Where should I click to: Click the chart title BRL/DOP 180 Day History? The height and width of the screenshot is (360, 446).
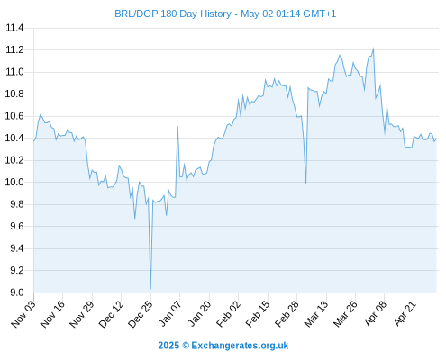tap(173, 14)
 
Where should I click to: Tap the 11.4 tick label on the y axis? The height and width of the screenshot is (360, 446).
tap(14, 28)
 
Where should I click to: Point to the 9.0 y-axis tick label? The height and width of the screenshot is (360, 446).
tap(17, 292)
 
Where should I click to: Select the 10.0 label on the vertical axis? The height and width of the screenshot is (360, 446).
tap(14, 182)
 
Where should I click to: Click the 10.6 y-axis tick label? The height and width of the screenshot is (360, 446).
tap(14, 116)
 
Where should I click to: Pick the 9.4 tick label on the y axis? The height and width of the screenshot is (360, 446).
tap(17, 248)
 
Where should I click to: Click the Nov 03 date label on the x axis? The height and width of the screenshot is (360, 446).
tap(23, 314)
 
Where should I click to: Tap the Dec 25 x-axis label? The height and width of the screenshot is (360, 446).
tap(141, 314)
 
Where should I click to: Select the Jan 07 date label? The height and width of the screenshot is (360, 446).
tap(170, 314)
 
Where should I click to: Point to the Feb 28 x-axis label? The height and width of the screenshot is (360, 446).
tap(287, 314)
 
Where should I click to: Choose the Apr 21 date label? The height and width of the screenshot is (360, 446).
tap(405, 314)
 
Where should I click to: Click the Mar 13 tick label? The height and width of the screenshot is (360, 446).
tap(316, 314)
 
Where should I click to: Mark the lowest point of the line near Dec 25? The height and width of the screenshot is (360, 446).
tap(150, 289)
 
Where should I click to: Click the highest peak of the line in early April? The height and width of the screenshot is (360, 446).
tap(373, 49)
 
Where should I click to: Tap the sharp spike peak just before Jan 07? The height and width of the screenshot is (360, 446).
tap(177, 127)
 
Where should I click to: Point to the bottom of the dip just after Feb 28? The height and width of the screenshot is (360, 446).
tap(305, 183)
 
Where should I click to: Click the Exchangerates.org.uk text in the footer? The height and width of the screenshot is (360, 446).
tap(240, 346)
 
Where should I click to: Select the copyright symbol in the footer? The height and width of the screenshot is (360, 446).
tap(186, 346)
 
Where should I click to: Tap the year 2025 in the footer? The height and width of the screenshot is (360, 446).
tap(168, 346)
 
